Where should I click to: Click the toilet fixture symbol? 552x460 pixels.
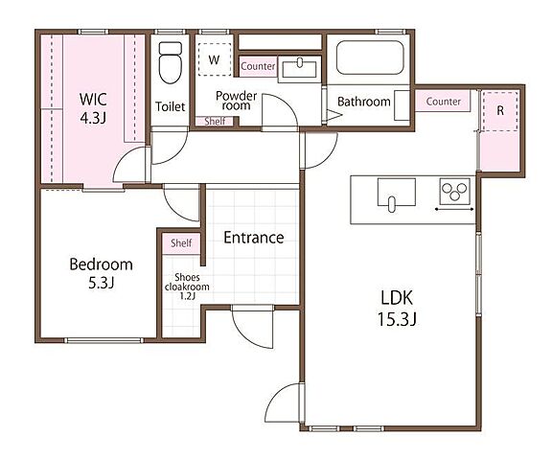pyautogui.click(x=171, y=62)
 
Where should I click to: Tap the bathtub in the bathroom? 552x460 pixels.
pyautogui.click(x=370, y=57)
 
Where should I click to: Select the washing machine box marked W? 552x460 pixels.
pyautogui.click(x=214, y=59)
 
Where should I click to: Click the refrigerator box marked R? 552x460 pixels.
pyautogui.click(x=500, y=111)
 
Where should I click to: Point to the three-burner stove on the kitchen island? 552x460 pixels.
pyautogui.click(x=455, y=192)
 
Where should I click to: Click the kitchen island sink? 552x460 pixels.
pyautogui.click(x=397, y=195)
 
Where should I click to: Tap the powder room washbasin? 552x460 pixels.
pyautogui.click(x=300, y=69)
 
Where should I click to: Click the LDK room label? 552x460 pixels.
pyautogui.click(x=397, y=298)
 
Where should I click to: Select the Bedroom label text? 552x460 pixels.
pyautogui.click(x=101, y=264)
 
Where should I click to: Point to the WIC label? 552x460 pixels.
pyautogui.click(x=93, y=100)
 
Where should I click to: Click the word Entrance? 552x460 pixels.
pyautogui.click(x=254, y=238)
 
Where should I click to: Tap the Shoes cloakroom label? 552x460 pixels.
pyautogui.click(x=187, y=282)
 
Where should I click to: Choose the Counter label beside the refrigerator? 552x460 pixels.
pyautogui.click(x=443, y=102)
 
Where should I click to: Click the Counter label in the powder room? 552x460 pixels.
pyautogui.click(x=258, y=66)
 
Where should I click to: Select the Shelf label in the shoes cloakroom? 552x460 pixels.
pyautogui.click(x=181, y=242)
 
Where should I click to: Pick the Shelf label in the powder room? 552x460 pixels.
pyautogui.click(x=215, y=121)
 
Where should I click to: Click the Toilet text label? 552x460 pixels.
pyautogui.click(x=170, y=106)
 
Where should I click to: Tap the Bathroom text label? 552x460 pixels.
pyautogui.click(x=364, y=102)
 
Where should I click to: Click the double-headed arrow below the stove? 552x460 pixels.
pyautogui.click(x=454, y=210)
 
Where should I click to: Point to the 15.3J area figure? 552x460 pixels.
pyautogui.click(x=397, y=319)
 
